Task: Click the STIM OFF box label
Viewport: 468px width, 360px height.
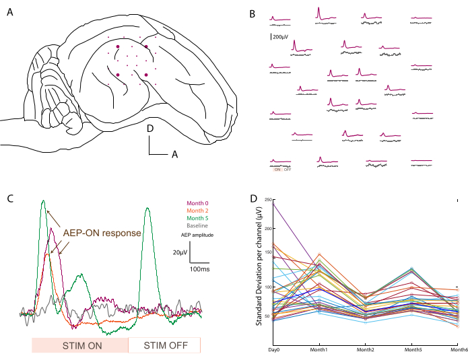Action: click(164, 346)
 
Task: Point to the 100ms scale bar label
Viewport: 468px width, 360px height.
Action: click(198, 268)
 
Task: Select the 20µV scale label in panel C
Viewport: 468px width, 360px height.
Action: click(179, 253)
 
